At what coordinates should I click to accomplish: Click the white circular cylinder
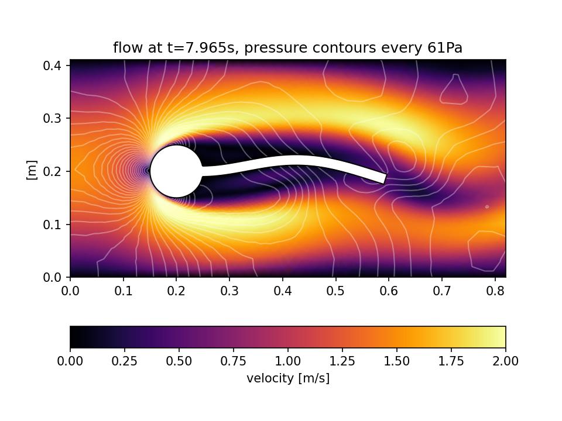[176, 171]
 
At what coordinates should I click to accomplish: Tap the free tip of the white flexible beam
[383, 178]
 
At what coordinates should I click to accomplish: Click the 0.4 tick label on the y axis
[56, 65]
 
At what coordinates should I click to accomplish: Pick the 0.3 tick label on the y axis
[56, 118]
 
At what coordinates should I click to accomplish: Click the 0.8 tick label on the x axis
[494, 289]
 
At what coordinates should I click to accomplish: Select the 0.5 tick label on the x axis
[335, 289]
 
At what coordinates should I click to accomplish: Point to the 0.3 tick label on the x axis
[229, 289]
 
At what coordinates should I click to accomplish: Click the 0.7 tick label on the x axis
[441, 289]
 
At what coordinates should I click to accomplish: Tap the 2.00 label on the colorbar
[505, 361]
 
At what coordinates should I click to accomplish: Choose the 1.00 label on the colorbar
[287, 361]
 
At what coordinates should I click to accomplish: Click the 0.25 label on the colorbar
[125, 361]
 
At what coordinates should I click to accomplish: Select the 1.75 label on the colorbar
[451, 361]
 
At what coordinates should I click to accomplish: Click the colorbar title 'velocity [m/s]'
[287, 378]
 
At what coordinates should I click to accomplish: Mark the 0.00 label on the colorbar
[70, 361]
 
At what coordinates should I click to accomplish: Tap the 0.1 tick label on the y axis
[56, 225]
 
